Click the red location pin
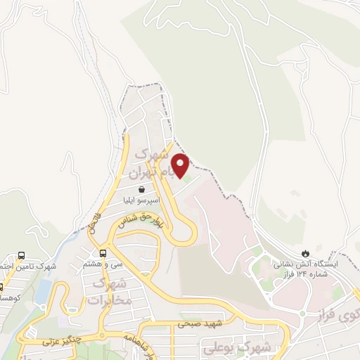point(181,165)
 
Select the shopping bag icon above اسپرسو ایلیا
point(142,189)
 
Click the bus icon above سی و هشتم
point(103,253)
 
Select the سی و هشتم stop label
point(102,264)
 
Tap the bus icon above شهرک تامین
point(21,256)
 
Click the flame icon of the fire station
point(305,253)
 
